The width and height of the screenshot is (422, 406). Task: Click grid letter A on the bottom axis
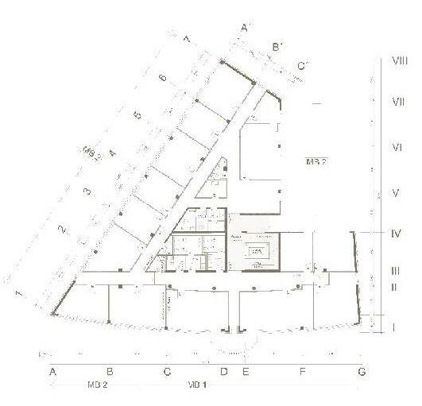tap(53, 372)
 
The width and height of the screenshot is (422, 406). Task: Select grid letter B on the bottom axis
tap(110, 372)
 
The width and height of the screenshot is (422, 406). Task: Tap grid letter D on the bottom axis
tap(224, 372)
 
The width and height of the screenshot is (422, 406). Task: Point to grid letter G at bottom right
tap(362, 372)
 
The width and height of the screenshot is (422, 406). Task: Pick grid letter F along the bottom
tap(302, 372)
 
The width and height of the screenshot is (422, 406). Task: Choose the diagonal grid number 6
tap(161, 78)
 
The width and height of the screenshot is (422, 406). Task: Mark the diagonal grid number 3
tap(87, 191)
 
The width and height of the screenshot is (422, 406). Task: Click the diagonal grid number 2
tap(61, 230)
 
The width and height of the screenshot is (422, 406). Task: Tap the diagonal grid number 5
tap(137, 116)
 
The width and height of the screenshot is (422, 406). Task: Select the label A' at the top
tap(246, 29)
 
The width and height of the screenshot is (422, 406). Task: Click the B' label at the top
tap(278, 48)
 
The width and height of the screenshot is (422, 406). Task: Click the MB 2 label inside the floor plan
tap(316, 161)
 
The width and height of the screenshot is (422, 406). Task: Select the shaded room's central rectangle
tap(257, 252)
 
